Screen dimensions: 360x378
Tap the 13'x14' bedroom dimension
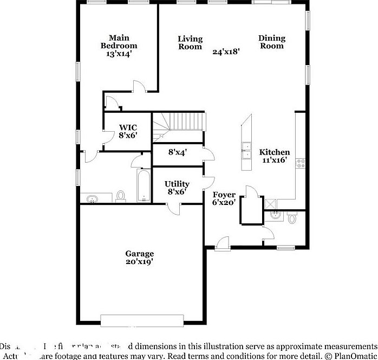point(119,54)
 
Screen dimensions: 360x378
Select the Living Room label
point(190,42)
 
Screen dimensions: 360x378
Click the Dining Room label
point(271,42)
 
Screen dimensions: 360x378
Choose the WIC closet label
point(128,127)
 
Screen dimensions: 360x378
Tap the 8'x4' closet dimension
point(177,153)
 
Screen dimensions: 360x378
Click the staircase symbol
point(179,121)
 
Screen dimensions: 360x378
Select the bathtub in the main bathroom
point(144,187)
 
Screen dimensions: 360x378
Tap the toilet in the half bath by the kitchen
point(292,218)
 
